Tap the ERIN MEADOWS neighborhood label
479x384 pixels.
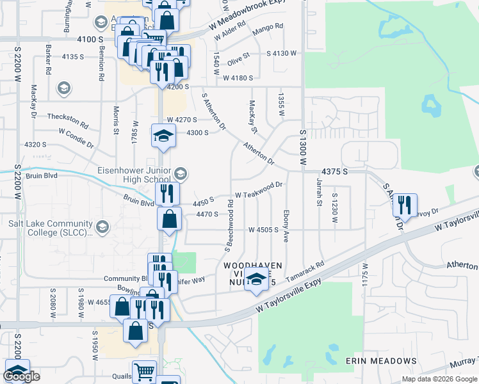pyautogui.click(x=380, y=361)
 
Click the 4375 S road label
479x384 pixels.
pyautogui.click(x=334, y=172)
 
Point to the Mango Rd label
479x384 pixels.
pyautogui.click(x=268, y=26)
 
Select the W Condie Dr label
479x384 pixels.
pyautogui.click(x=76, y=134)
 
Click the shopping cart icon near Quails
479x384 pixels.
pyautogui.click(x=144, y=371)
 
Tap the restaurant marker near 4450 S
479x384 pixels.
pyautogui.click(x=166, y=193)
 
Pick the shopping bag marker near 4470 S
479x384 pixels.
pyautogui.click(x=168, y=219)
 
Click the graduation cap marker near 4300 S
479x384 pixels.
pyautogui.click(x=163, y=136)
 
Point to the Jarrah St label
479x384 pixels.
pyautogui.click(x=318, y=195)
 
